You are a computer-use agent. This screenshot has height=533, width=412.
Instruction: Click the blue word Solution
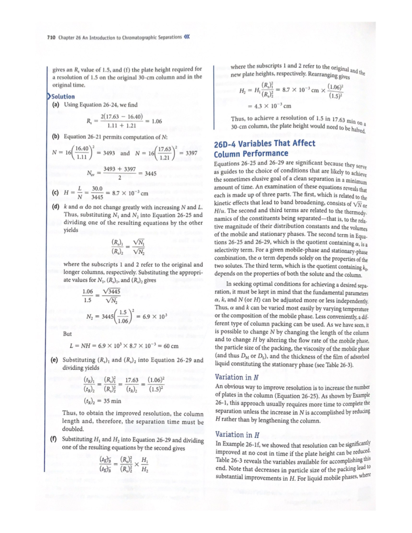(x=63, y=96)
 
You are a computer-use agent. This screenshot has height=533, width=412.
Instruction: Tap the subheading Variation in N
(x=237, y=377)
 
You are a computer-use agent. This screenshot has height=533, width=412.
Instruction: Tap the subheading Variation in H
(x=237, y=434)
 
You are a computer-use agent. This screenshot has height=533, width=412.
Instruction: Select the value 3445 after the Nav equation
(x=150, y=174)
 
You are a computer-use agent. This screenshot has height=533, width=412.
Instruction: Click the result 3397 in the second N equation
(x=191, y=153)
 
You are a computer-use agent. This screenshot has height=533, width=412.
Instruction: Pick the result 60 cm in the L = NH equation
(x=171, y=346)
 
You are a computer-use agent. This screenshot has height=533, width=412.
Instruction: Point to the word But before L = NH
(x=67, y=334)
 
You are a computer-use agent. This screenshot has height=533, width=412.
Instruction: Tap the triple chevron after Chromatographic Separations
(x=187, y=37)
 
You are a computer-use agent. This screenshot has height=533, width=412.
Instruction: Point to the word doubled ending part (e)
(x=73, y=429)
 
